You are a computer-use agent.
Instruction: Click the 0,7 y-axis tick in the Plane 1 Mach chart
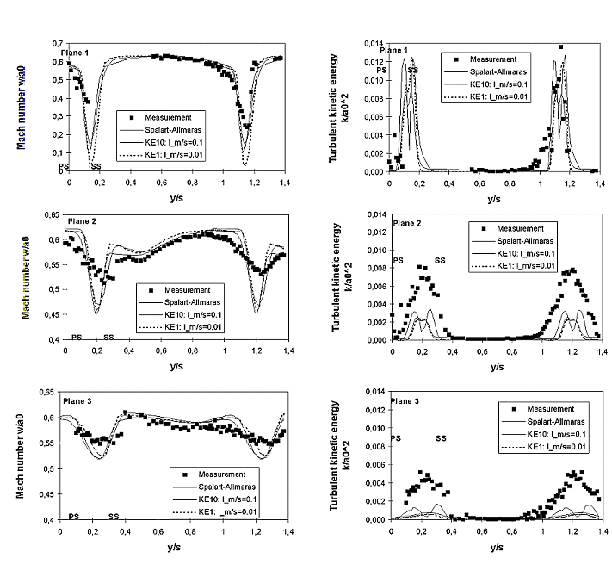point(59,43)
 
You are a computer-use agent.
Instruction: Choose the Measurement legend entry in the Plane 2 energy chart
point(525,228)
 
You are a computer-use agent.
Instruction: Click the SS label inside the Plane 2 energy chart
point(440,260)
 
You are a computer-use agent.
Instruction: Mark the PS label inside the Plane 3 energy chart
point(396,438)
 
